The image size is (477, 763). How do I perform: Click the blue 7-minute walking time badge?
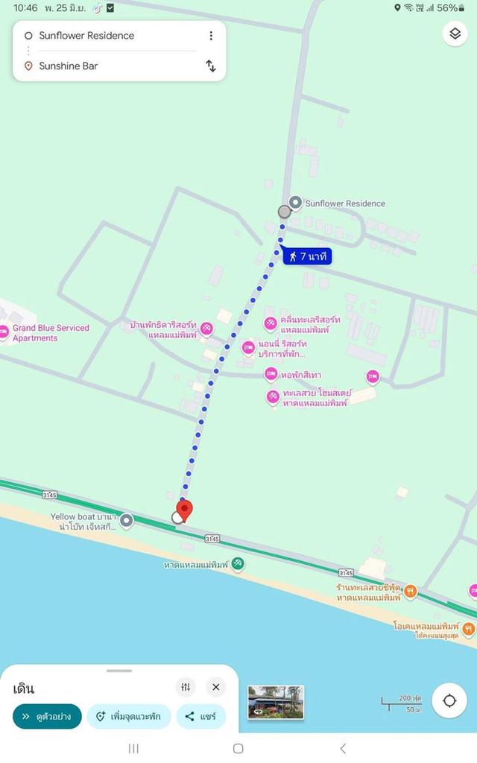pyautogui.click(x=306, y=256)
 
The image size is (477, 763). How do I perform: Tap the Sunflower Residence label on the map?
pyautogui.click(x=345, y=203)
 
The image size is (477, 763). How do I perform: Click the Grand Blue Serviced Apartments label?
pyautogui.click(x=50, y=333)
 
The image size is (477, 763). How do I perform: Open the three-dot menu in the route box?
pyautogui.click(x=211, y=36)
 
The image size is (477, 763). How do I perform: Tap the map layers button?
pyautogui.click(x=455, y=34)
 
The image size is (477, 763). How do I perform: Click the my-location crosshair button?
pyautogui.click(x=449, y=700)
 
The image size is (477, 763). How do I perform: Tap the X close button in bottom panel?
pyautogui.click(x=215, y=687)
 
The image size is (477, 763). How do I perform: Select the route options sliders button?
pyautogui.click(x=186, y=687)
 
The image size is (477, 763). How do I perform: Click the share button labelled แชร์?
pyautogui.click(x=200, y=717)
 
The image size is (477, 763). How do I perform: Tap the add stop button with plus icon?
pyautogui.click(x=128, y=717)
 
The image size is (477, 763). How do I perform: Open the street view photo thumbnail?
pyautogui.click(x=276, y=702)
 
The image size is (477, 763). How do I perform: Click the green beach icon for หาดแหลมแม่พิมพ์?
pyautogui.click(x=237, y=564)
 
